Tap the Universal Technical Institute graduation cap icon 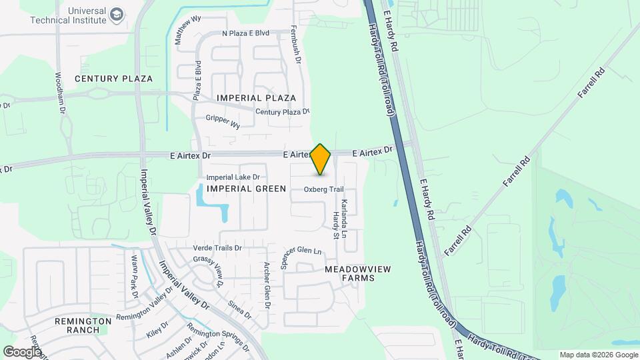[x=117, y=15]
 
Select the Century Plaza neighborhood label [x=113, y=79]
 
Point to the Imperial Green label [x=246, y=189]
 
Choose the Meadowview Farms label [x=357, y=273]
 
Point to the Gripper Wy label [x=223, y=123]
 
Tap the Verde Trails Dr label [x=217, y=248]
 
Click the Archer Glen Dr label [x=267, y=285]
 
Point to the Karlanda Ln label [x=344, y=219]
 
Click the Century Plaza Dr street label [x=283, y=112]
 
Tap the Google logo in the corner [x=23, y=351]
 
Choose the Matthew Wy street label [x=187, y=31]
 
